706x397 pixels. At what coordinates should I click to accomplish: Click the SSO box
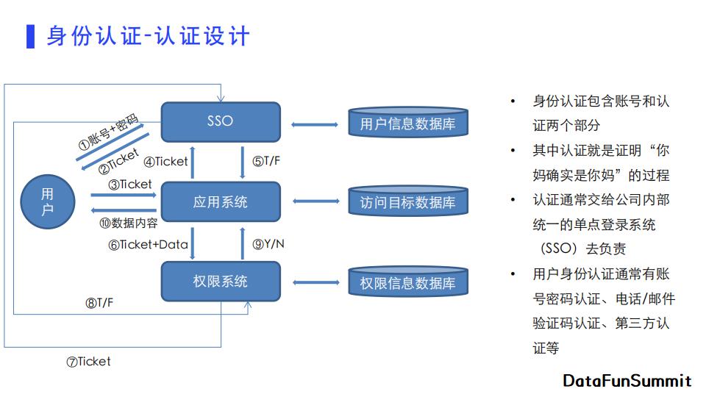(x=221, y=121)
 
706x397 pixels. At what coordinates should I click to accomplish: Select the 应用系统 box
(x=221, y=201)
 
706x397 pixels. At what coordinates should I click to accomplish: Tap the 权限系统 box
(x=221, y=282)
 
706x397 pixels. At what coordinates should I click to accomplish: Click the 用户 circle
(x=48, y=201)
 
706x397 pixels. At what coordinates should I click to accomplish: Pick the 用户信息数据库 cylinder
(x=408, y=122)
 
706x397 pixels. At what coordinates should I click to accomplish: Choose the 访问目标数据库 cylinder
(x=408, y=201)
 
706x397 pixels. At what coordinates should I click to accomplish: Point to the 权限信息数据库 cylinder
(x=408, y=282)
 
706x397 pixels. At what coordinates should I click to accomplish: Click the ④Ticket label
(x=165, y=162)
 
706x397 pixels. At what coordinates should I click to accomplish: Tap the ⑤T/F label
(x=266, y=161)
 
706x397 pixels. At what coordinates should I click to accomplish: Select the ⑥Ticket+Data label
(x=148, y=245)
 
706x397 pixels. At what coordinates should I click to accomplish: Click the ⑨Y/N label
(x=268, y=244)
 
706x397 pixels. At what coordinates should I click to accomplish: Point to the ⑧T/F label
(x=99, y=303)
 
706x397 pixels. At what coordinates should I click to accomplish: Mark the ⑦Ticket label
(x=88, y=362)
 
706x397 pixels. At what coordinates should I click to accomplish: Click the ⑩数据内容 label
(x=128, y=223)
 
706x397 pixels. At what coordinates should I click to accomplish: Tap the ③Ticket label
(x=129, y=185)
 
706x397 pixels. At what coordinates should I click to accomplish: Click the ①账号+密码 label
(x=109, y=132)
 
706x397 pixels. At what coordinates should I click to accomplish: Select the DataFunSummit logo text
(x=627, y=381)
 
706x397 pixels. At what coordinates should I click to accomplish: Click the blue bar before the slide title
(x=31, y=37)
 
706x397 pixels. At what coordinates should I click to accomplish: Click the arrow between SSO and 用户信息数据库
(x=315, y=125)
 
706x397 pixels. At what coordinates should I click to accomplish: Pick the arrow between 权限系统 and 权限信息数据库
(x=316, y=282)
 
